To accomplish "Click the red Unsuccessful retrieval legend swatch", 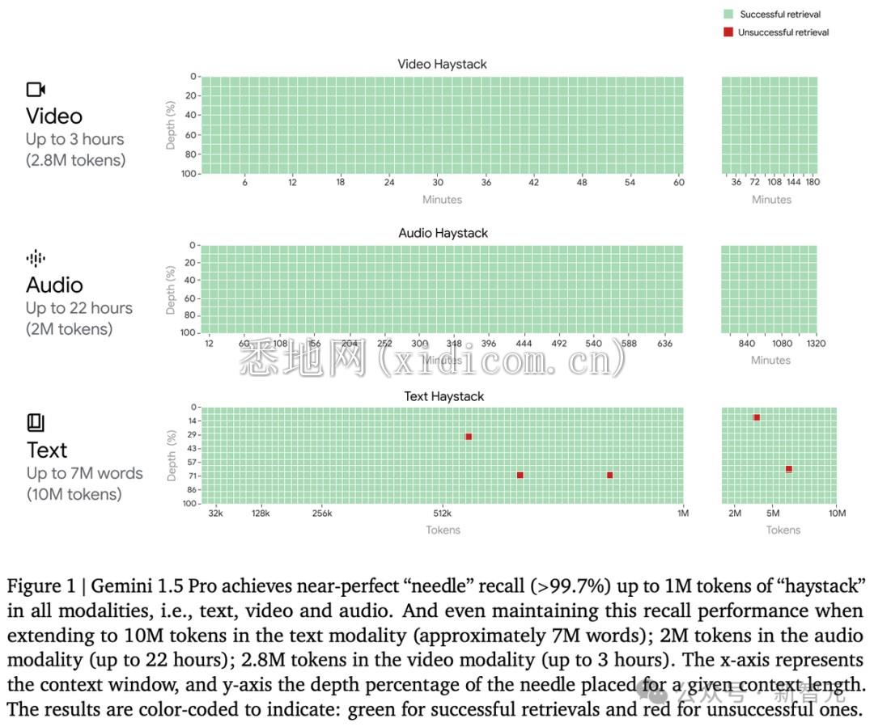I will tap(728, 32).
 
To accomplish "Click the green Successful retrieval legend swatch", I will tap(728, 15).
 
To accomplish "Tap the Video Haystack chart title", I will tap(442, 64).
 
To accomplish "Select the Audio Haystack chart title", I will tap(443, 233).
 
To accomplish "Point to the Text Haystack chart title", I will tap(444, 396).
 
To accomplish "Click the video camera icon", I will tap(36, 90).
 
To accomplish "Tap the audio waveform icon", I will tap(36, 259).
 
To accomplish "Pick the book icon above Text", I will tap(36, 422).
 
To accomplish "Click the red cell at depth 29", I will tap(469, 437).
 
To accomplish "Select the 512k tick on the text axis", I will tap(442, 514).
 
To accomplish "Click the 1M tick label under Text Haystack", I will tap(682, 514).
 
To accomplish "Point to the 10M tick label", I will tap(837, 514).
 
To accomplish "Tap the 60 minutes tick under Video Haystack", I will tap(679, 183).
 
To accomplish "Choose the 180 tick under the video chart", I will tap(812, 183).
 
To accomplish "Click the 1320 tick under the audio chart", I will tap(815, 344).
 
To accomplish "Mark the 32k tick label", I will tap(215, 514).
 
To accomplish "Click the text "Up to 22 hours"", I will tap(78, 308).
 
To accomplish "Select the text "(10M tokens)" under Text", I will tap(74, 494).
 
